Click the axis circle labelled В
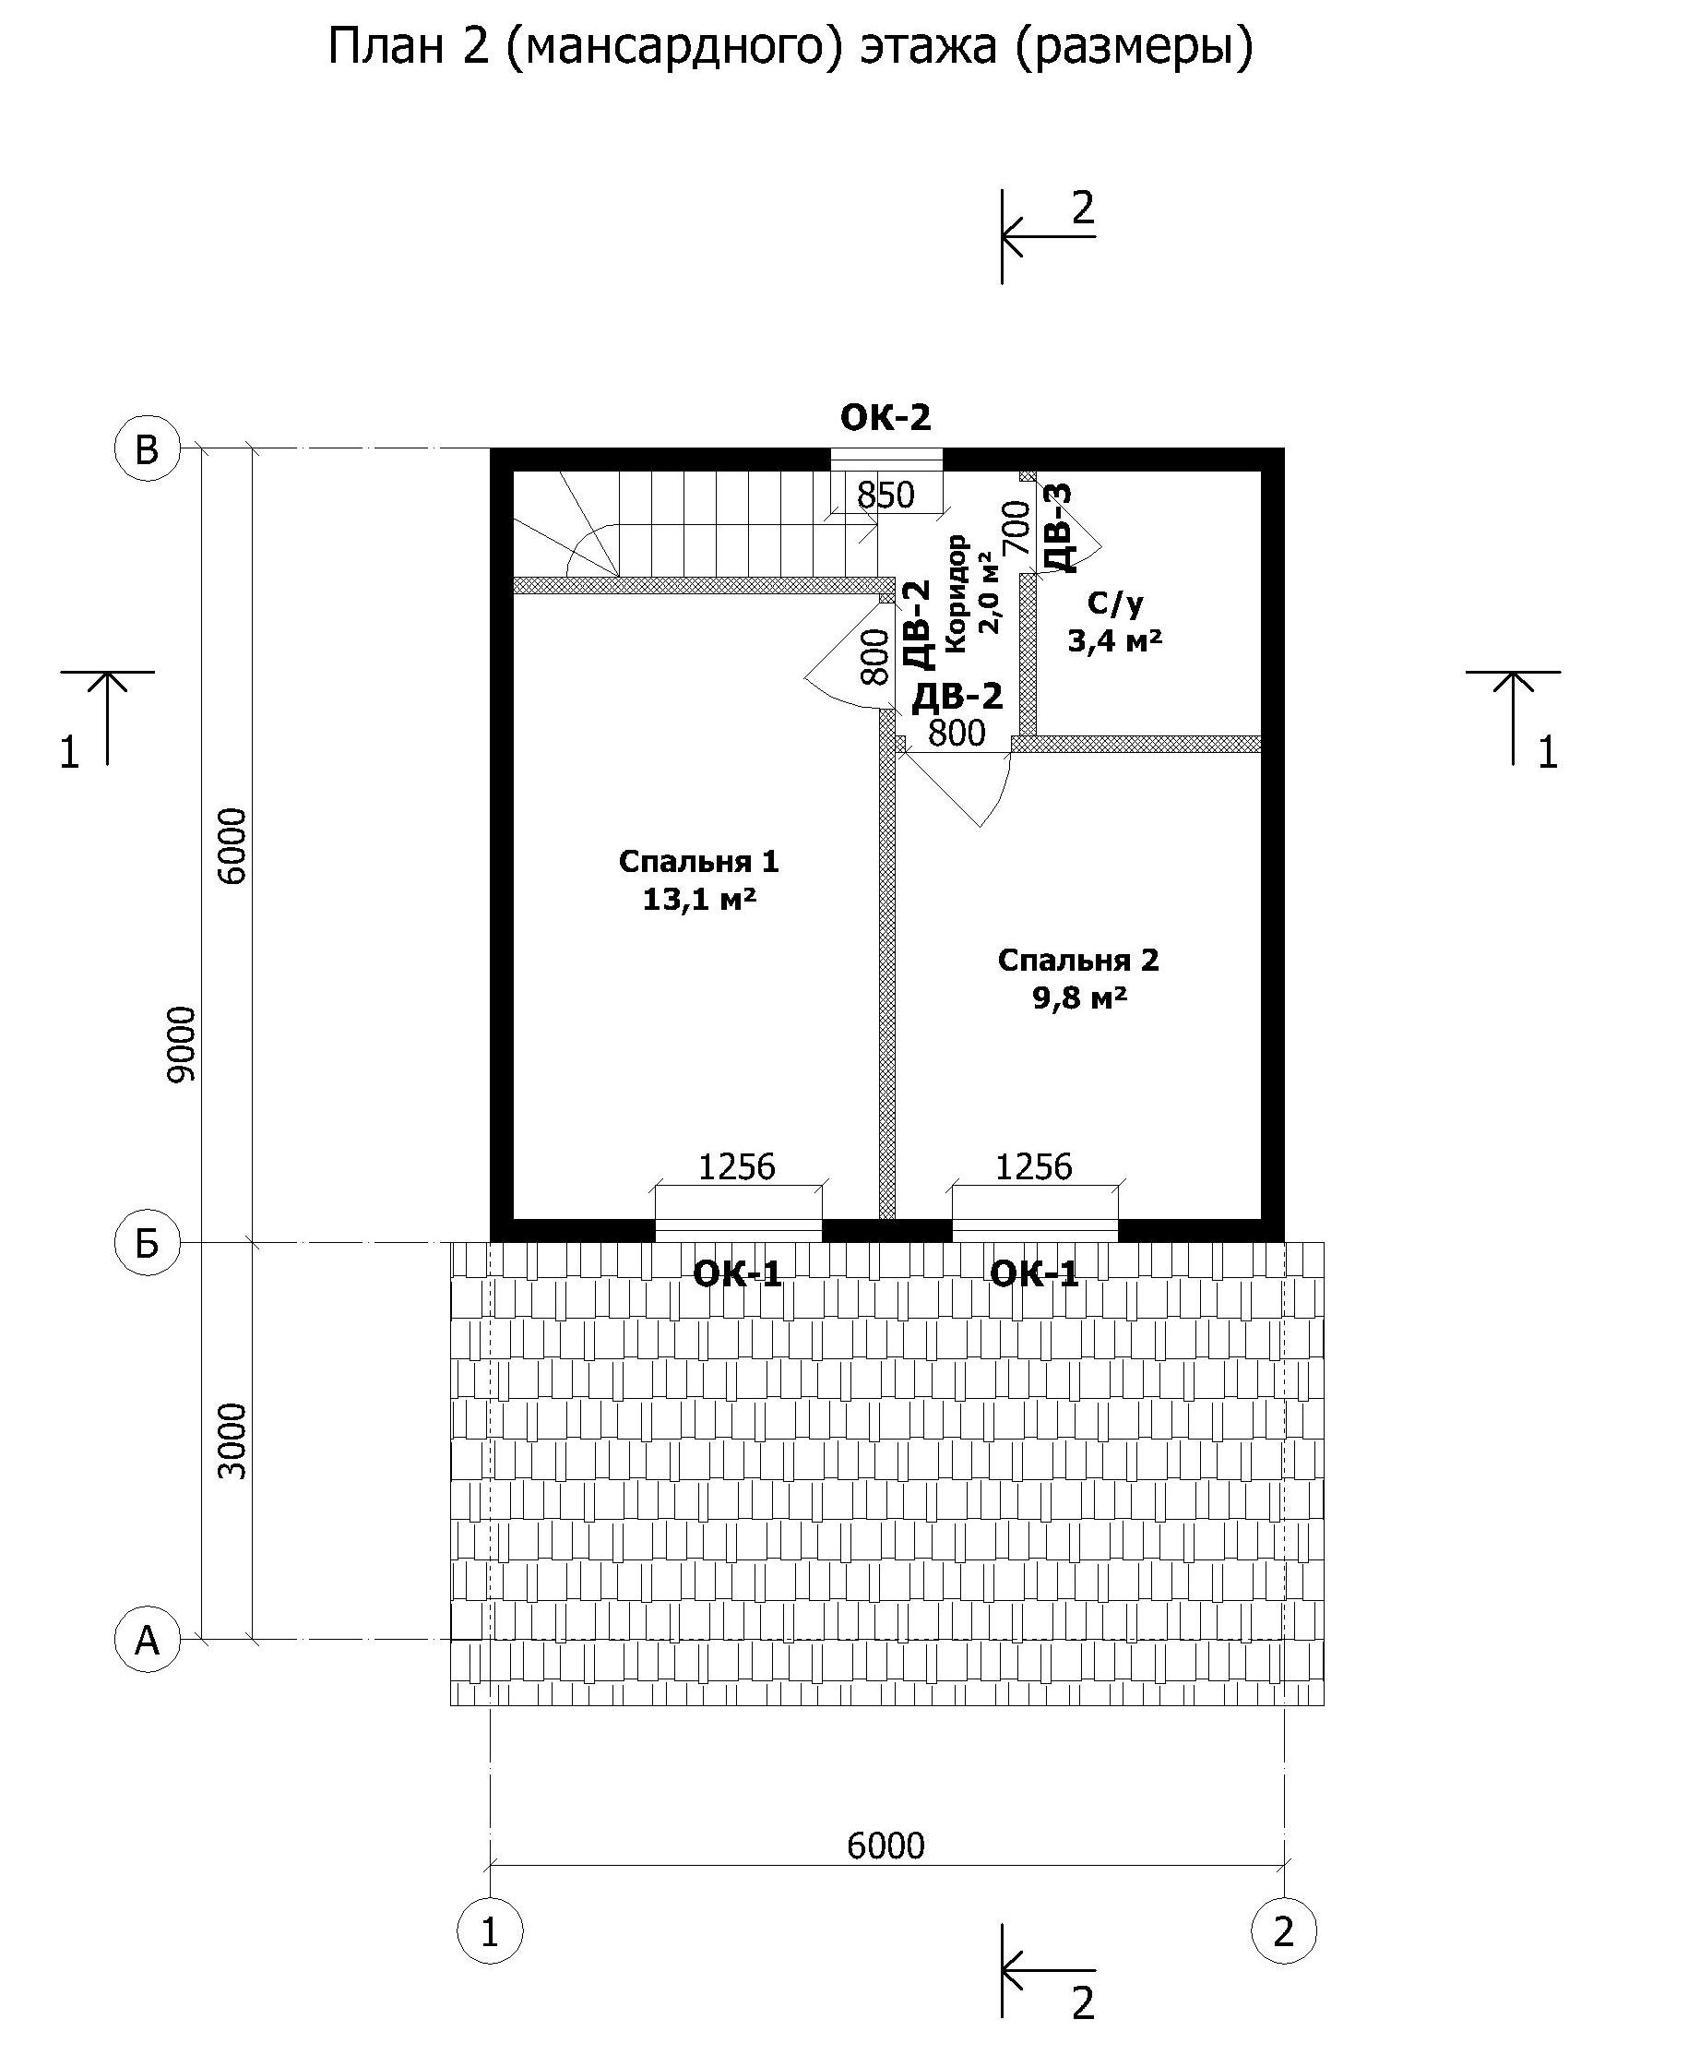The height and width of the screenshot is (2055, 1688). pos(148,449)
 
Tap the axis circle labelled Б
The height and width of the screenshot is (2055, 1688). pos(148,1242)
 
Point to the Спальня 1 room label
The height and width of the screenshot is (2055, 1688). pos(699,862)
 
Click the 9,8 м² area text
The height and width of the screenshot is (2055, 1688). pos(1079,998)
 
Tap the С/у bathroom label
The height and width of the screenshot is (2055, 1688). pos(1115,605)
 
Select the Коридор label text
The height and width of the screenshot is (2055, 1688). pos(957,592)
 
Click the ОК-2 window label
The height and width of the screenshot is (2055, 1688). pos(886,417)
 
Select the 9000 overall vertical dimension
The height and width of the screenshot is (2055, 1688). pos(181,1044)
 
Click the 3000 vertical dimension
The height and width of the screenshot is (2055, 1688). pos(232,1441)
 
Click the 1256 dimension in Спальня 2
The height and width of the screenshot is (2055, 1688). pos(1034,1166)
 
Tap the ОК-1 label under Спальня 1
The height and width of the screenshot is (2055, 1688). pos(737,1273)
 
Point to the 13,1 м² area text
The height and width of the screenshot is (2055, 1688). pos(699,900)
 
